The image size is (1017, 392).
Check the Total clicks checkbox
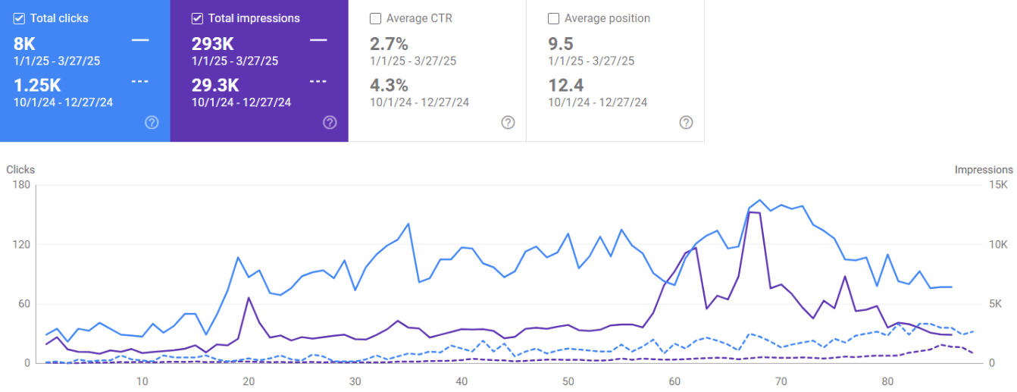[x=20, y=18]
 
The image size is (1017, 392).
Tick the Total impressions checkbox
[x=198, y=18]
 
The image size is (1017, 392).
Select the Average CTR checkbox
[x=376, y=18]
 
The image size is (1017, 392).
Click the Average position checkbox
[x=554, y=18]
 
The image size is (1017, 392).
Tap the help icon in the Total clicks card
[x=152, y=122]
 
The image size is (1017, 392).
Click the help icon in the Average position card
[x=686, y=122]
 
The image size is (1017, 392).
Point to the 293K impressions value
[x=213, y=44]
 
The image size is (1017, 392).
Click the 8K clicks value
[x=24, y=44]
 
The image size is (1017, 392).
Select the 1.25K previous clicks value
[x=36, y=85]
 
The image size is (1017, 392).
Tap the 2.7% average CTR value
[x=389, y=44]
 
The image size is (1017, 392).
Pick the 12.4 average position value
[x=565, y=85]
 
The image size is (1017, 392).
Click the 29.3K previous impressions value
[x=215, y=85]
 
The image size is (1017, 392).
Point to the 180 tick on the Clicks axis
[x=20, y=185]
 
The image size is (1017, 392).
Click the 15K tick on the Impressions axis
[x=1000, y=185]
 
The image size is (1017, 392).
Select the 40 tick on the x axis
[x=462, y=381]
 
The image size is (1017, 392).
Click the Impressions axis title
[x=984, y=170]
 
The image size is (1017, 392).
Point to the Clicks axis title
[x=20, y=170]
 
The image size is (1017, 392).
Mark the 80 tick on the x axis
[x=889, y=381]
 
